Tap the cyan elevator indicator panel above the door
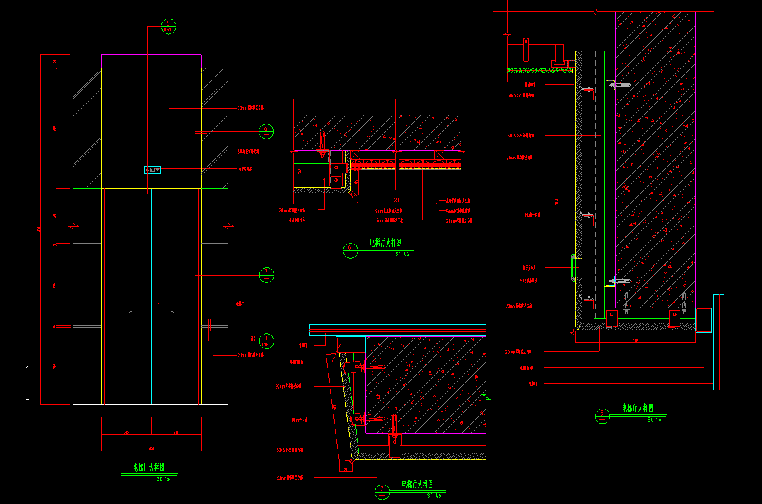pos(153,169)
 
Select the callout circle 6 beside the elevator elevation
pos(267,131)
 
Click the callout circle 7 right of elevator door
pos(267,274)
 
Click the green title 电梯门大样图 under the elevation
pos(148,467)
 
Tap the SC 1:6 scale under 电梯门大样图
pos(163,479)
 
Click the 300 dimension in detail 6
pos(396,200)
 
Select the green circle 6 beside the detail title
pos(350,250)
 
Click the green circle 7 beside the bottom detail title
pos(382,491)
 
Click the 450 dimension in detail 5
pos(635,341)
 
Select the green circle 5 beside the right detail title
pos(603,416)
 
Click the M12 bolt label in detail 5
pos(528,280)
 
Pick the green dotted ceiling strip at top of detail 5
pos(541,70)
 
